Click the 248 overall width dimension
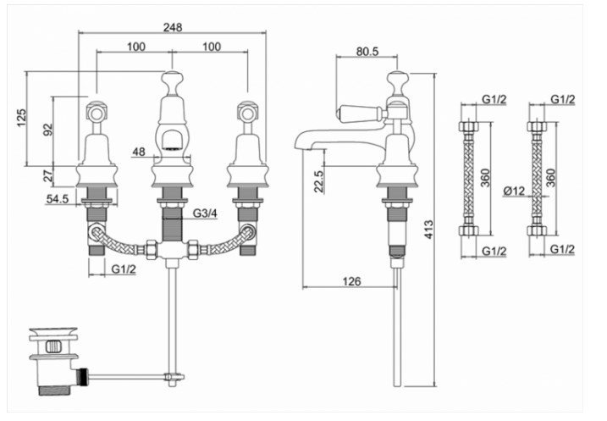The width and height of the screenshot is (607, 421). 173,25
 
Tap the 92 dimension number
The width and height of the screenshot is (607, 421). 47,130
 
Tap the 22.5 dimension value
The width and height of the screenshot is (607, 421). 318,182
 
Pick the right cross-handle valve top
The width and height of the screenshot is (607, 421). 247,111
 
